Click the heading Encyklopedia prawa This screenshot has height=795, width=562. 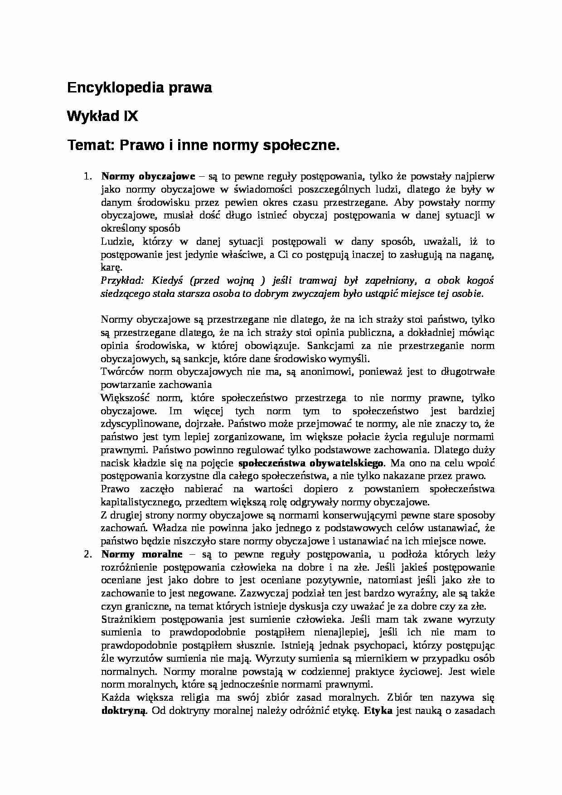coord(139,88)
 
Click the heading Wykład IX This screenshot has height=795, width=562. coord(102,117)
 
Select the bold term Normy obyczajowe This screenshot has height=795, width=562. coord(148,176)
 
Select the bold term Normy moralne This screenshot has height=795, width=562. coord(141,554)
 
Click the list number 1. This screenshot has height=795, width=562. coord(88,176)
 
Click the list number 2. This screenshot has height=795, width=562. coord(88,554)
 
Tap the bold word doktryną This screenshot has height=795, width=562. coord(123,711)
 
